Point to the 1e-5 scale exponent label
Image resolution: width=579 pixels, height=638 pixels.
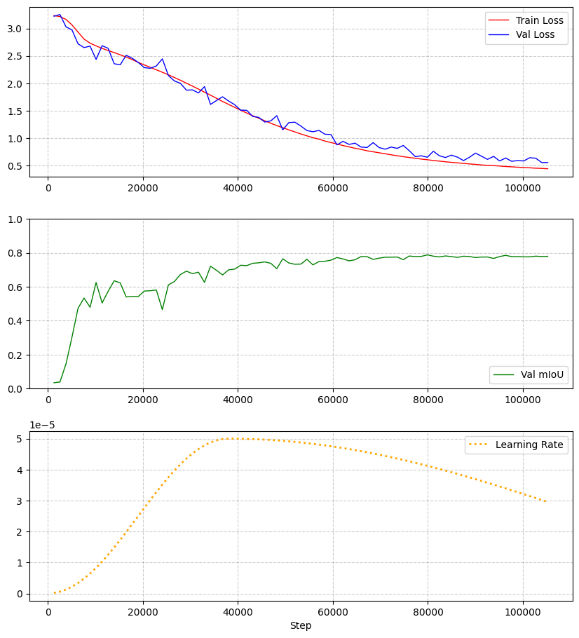click(x=41, y=425)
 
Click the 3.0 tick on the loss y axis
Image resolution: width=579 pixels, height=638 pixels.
click(x=15, y=29)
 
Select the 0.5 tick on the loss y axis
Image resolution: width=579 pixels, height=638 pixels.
click(x=15, y=166)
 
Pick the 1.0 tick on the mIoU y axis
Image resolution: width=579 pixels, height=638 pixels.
click(x=15, y=219)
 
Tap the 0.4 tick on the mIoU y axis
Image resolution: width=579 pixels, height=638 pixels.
click(x=15, y=321)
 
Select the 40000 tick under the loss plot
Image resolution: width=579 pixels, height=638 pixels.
click(x=238, y=188)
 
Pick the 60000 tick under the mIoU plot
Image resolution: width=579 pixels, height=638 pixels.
click(x=333, y=400)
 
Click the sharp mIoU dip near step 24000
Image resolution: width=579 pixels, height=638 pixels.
click(x=162, y=309)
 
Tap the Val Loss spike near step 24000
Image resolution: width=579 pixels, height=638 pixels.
click(x=162, y=59)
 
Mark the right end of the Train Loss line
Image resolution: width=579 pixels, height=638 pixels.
click(x=547, y=169)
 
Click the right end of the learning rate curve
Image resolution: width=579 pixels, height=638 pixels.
click(x=547, y=502)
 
